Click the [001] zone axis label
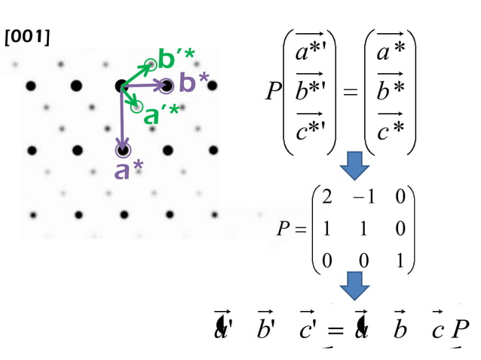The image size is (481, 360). (x=28, y=35)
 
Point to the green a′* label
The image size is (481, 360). (x=161, y=114)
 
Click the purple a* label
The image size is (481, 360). (x=129, y=169)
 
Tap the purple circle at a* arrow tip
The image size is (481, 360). (x=122, y=151)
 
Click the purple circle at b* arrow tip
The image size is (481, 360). (x=167, y=85)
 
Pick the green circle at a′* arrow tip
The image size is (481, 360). (x=136, y=107)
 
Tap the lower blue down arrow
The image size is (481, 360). (x=353, y=285)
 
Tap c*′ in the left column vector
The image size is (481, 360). (x=311, y=128)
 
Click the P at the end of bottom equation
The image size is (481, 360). (x=461, y=330)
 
